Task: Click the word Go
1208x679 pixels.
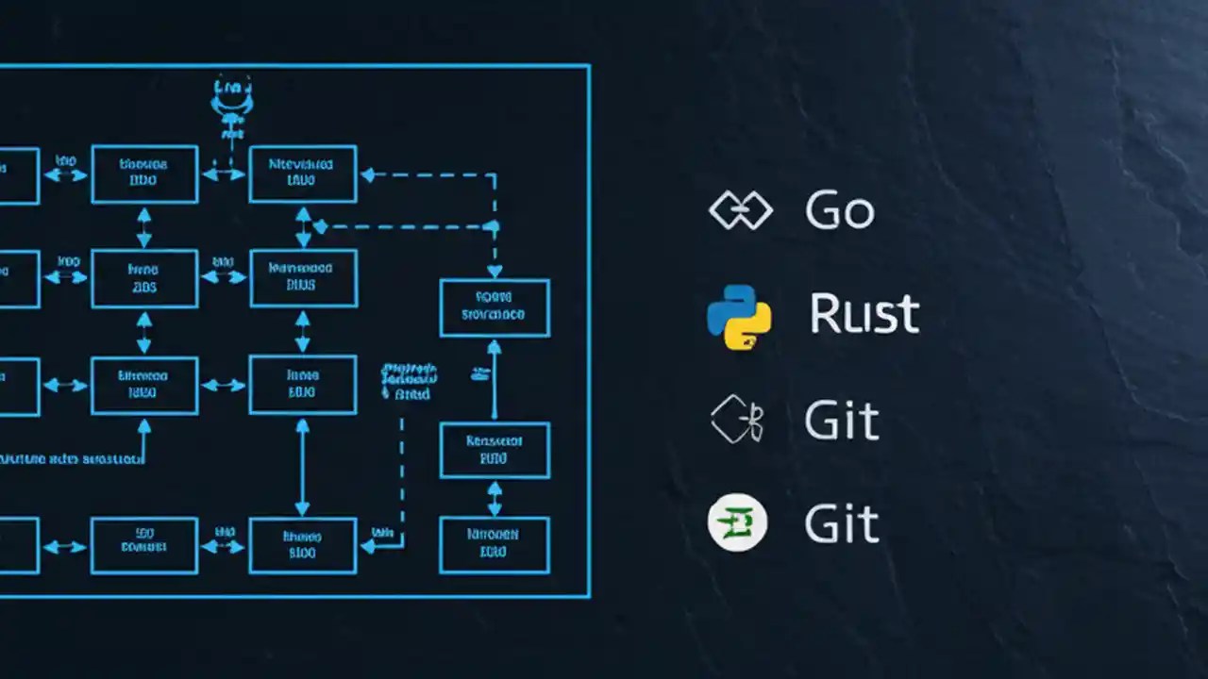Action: (839, 210)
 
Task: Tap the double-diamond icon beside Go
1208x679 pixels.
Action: (740, 210)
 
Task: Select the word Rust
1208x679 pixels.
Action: (864, 314)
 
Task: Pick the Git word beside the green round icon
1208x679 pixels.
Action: (842, 523)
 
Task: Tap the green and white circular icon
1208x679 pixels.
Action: (737, 522)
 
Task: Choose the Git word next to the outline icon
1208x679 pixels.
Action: (842, 420)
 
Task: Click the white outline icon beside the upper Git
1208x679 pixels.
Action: (736, 420)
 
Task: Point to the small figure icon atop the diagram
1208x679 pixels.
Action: (232, 104)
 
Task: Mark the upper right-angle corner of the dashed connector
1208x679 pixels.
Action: (495, 174)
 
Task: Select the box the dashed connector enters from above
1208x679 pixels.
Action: (495, 307)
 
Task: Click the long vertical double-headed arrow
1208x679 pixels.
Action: (302, 468)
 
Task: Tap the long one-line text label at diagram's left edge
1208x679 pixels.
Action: (71, 459)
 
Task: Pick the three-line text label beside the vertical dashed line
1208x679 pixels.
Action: (408, 381)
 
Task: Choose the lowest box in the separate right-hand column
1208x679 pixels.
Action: (494, 544)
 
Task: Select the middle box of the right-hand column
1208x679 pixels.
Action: (495, 450)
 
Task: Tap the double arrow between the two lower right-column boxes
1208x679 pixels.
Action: (495, 497)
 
